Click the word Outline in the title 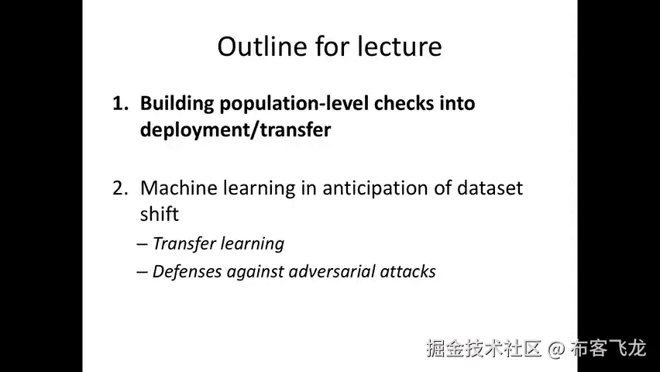pyautogui.click(x=263, y=46)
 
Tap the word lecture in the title pyautogui.click(x=400, y=46)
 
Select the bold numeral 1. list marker pyautogui.click(x=120, y=104)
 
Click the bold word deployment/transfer pyautogui.click(x=235, y=129)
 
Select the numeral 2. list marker pyautogui.click(x=120, y=188)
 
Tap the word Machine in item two pyautogui.click(x=178, y=188)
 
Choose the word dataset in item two pyautogui.click(x=490, y=188)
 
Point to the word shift pyautogui.click(x=160, y=214)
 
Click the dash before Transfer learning pyautogui.click(x=142, y=244)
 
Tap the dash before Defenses pyautogui.click(x=142, y=272)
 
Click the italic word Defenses pyautogui.click(x=187, y=272)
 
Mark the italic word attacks pyautogui.click(x=408, y=272)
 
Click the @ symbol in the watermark pyautogui.click(x=556, y=350)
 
